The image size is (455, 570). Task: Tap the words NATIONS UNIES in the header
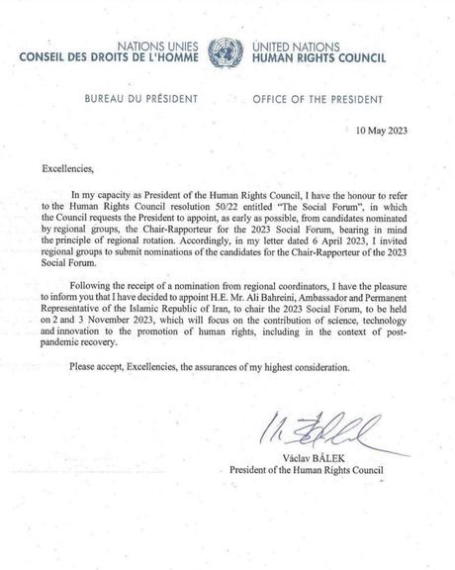click(x=159, y=46)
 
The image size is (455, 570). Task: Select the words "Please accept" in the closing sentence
click(x=101, y=380)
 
